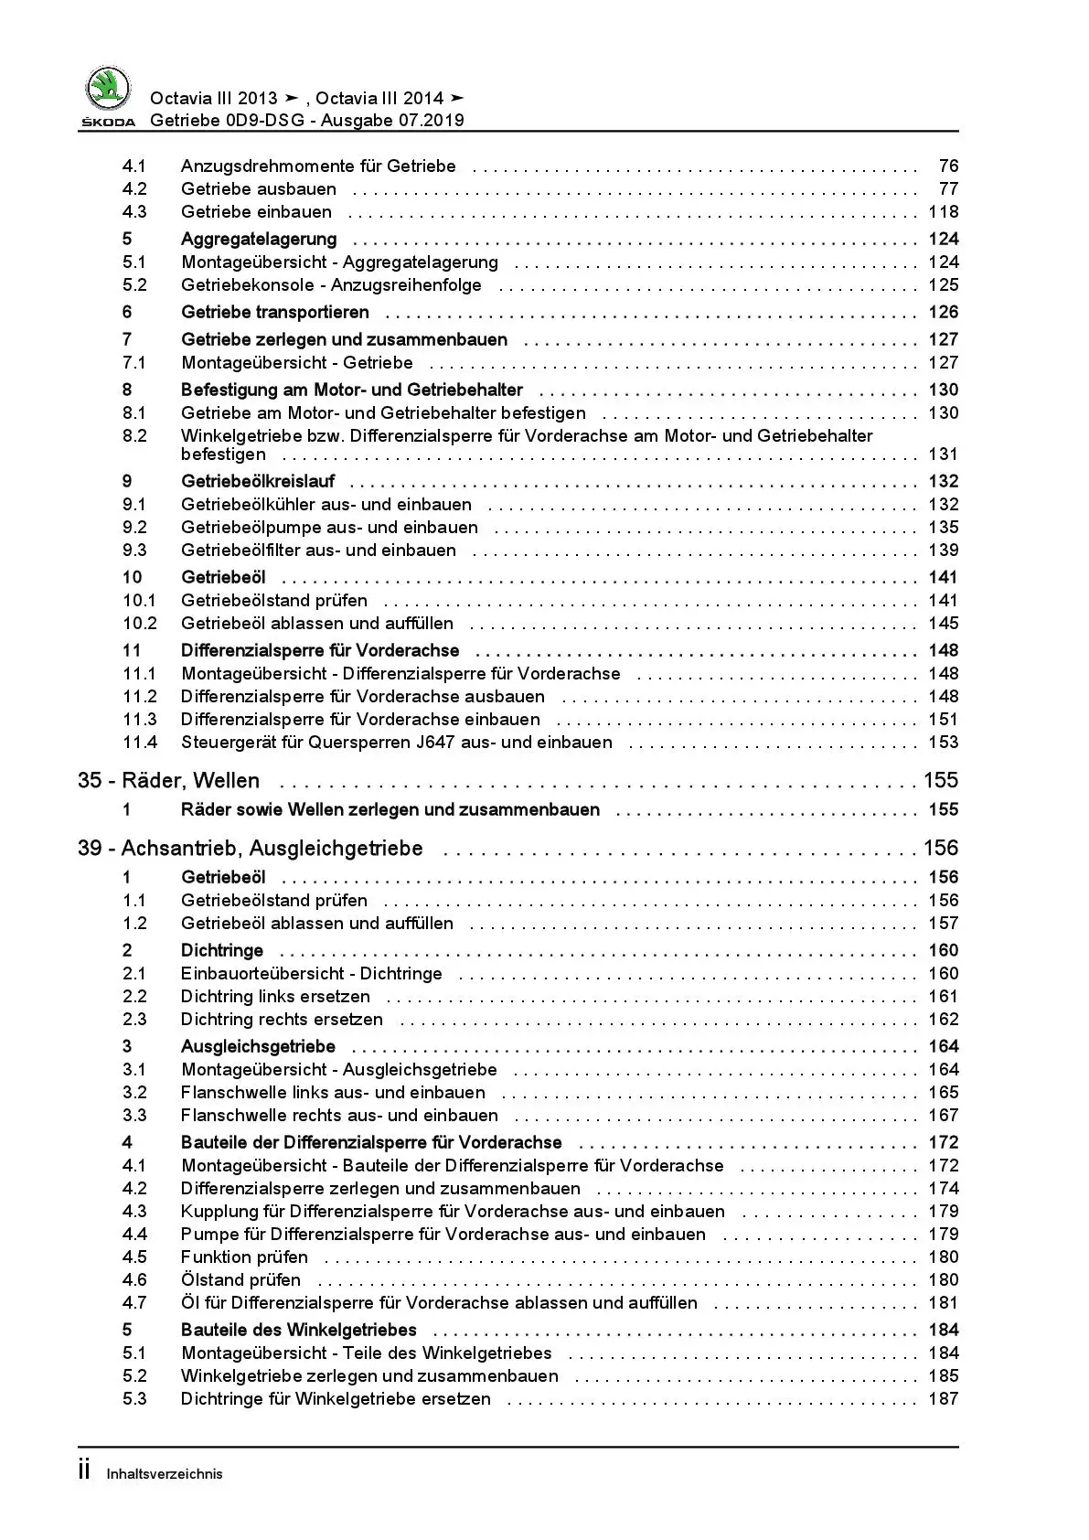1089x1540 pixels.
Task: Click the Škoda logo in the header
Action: point(108,95)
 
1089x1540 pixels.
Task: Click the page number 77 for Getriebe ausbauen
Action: point(948,189)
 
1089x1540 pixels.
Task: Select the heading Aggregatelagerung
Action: point(259,240)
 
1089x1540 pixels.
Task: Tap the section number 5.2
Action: point(134,285)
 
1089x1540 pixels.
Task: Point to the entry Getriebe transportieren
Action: point(275,313)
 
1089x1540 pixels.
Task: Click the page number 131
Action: point(943,455)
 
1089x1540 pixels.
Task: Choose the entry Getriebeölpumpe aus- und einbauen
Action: point(329,528)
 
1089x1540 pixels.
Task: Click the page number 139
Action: point(943,551)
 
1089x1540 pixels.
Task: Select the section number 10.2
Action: point(140,624)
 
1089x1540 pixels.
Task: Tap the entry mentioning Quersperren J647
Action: point(396,743)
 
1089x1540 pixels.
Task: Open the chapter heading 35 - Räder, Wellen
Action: point(169,781)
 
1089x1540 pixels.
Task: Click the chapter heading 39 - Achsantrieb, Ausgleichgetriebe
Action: point(251,849)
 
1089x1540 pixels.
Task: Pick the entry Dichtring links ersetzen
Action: point(275,997)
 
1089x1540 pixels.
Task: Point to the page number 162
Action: point(943,1020)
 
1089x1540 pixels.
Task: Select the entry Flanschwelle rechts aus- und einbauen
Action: point(339,1116)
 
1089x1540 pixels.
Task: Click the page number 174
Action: point(943,1189)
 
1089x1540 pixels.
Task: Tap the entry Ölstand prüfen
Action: point(240,1280)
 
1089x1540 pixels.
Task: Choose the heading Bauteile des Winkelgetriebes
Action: point(299,1331)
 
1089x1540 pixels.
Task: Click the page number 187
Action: point(943,1399)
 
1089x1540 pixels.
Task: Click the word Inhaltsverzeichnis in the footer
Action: point(165,1474)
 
